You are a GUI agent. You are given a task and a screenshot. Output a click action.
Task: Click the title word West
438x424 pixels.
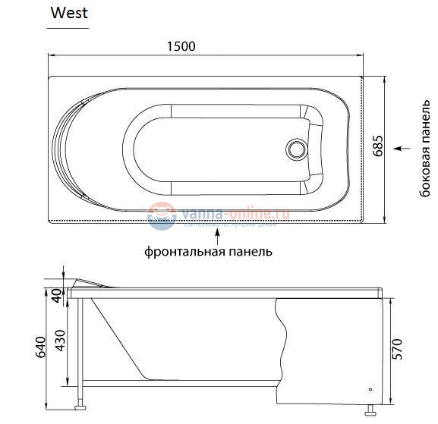[69, 13]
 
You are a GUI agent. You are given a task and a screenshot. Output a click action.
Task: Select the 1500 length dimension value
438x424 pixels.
[181, 46]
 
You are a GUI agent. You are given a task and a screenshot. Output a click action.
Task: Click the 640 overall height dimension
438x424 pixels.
[42, 346]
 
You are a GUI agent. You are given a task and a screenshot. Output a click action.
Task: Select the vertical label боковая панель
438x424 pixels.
[426, 150]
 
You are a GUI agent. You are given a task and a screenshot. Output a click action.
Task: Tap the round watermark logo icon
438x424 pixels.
[161, 216]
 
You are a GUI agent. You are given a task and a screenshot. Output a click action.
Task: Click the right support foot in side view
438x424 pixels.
[372, 411]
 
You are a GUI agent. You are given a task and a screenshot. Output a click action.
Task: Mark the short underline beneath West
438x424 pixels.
[68, 28]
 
